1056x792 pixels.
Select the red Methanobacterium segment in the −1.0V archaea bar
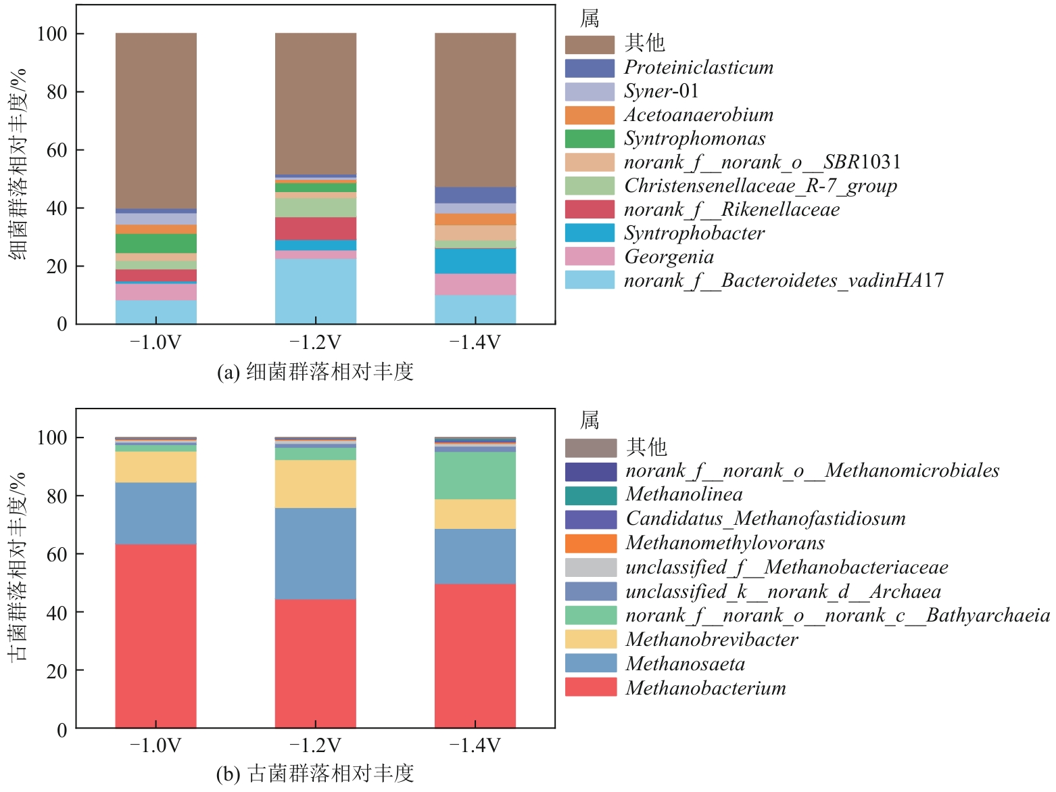pos(156,636)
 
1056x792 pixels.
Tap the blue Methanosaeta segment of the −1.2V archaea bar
pos(316,553)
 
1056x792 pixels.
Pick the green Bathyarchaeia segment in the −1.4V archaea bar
pos(475,475)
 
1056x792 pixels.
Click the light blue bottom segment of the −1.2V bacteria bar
pos(316,291)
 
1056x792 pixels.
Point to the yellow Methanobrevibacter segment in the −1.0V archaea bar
pos(156,467)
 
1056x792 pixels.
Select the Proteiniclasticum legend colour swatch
pos(590,68)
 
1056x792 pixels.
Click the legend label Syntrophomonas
pos(694,139)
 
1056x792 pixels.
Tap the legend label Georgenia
pos(669,257)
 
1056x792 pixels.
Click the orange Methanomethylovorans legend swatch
pos(591,543)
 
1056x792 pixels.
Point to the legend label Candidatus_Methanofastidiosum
pos(765,519)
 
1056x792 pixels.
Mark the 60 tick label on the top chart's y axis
pos(57,150)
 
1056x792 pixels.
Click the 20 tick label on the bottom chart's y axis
pos(57,671)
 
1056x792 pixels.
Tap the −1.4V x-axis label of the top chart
pos(475,343)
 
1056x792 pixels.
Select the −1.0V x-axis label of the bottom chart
pos(156,746)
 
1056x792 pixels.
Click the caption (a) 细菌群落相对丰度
pos(315,372)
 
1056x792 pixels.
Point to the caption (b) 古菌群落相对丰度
pos(315,774)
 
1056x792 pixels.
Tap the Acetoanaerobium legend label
pos(698,115)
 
